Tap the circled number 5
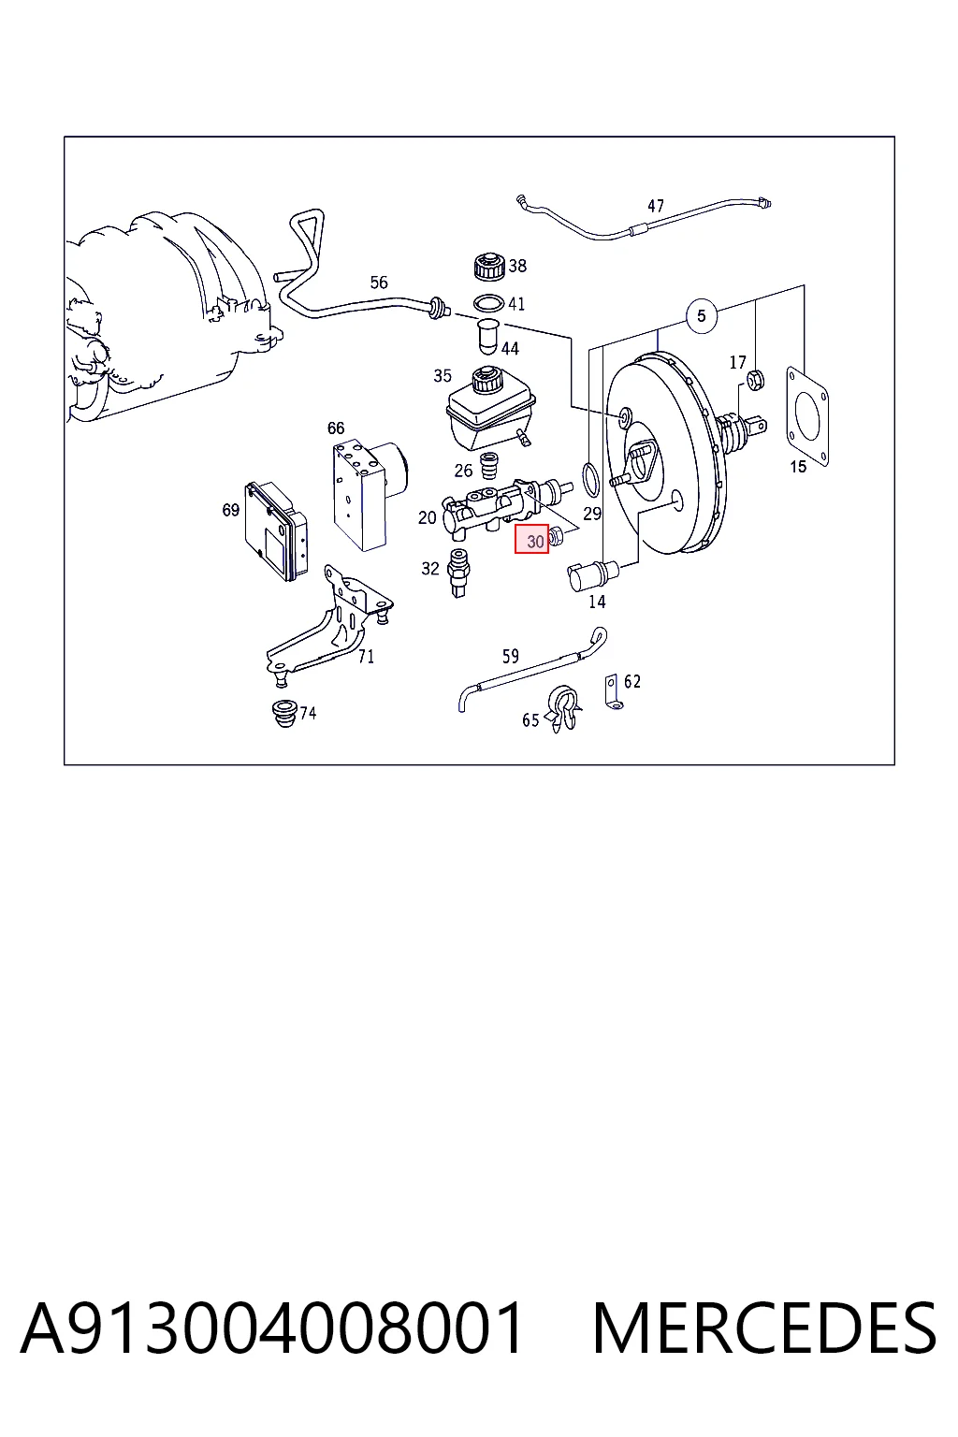pos(702,315)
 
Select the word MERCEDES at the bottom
pos(764,1328)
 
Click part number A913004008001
pos(271,1328)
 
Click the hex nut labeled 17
pos(756,380)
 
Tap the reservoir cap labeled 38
pos(490,267)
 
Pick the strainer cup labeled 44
pos(489,335)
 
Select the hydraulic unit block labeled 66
pos(368,494)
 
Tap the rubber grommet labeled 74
pos(283,714)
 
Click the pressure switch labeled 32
pos(459,573)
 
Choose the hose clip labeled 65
pos(564,710)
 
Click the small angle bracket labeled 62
pos(612,694)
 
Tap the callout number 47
pos(655,206)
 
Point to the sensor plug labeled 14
pos(591,574)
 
